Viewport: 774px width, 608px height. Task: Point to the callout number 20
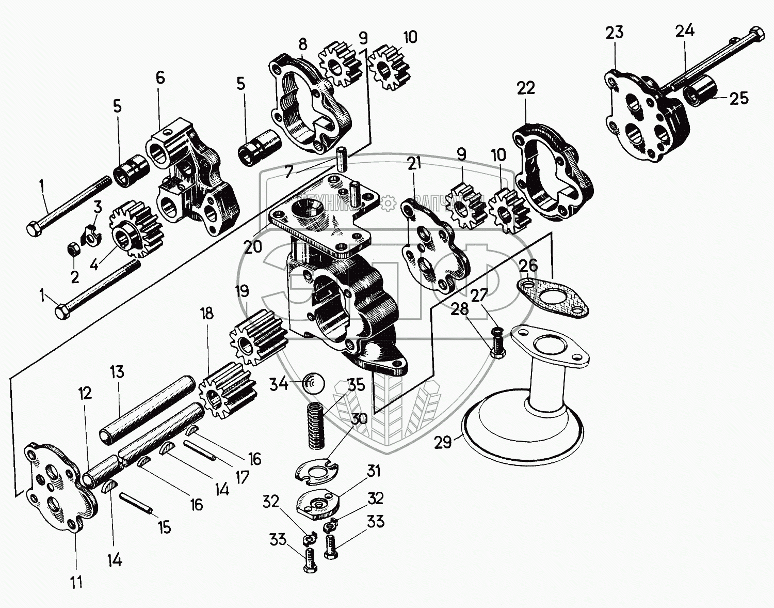(253, 247)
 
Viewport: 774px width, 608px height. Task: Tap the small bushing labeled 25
(699, 95)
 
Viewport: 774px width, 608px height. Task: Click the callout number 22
(526, 88)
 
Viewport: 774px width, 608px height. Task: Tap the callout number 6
(160, 78)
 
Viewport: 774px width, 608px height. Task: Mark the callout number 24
(685, 31)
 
